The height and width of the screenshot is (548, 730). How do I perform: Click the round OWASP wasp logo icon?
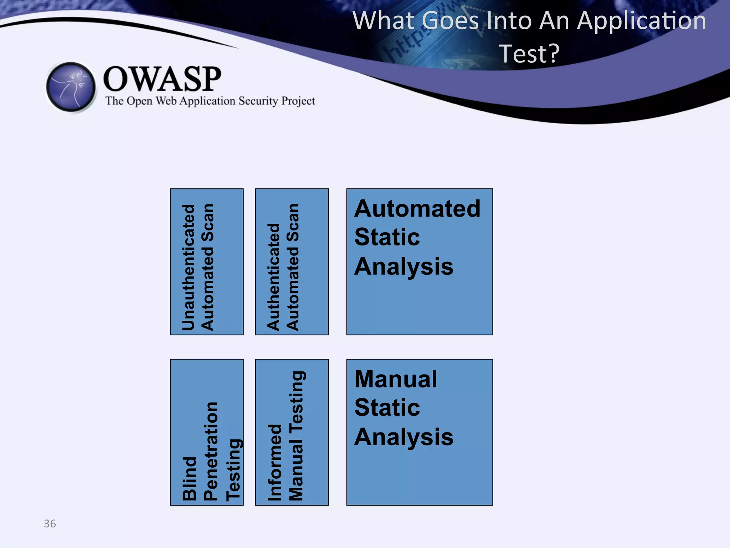(x=71, y=87)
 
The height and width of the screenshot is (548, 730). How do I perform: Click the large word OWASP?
(x=162, y=79)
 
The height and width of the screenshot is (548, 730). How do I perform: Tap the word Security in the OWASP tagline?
(x=258, y=101)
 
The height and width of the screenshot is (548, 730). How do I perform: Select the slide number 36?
(x=50, y=523)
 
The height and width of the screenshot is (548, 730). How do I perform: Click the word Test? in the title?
(x=529, y=54)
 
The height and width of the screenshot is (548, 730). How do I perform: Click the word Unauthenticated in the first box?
(x=189, y=267)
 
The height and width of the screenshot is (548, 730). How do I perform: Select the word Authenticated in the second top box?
(x=274, y=277)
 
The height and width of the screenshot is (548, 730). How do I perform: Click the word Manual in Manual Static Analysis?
(x=396, y=379)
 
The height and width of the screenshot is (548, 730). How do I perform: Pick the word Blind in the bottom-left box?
(x=189, y=478)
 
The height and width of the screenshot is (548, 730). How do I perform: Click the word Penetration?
(x=211, y=451)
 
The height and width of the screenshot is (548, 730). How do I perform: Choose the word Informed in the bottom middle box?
(x=275, y=462)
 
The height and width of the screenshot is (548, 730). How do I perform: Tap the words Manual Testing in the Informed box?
(x=296, y=436)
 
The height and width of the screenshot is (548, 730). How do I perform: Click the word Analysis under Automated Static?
(x=403, y=267)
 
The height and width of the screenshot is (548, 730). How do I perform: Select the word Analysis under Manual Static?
(x=403, y=437)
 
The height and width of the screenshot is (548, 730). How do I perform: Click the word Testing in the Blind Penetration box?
(x=234, y=470)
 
